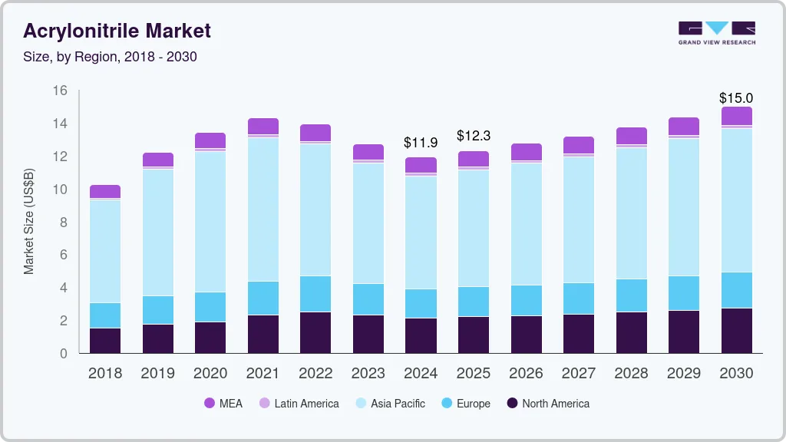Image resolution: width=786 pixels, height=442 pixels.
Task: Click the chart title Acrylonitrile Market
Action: pyautogui.click(x=117, y=31)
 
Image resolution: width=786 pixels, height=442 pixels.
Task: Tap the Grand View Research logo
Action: pyautogui.click(x=716, y=32)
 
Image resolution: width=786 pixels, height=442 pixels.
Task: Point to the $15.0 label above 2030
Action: pyautogui.click(x=735, y=98)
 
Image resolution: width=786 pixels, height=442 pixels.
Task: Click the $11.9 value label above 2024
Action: pyautogui.click(x=421, y=142)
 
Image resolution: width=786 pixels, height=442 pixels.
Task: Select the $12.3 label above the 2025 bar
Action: pyautogui.click(x=473, y=136)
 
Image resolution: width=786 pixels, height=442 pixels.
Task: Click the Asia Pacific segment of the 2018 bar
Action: pyautogui.click(x=105, y=251)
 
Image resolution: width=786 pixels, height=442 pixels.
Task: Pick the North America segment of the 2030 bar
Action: pyautogui.click(x=736, y=330)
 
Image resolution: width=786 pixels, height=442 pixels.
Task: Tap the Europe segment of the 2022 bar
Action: pyautogui.click(x=315, y=293)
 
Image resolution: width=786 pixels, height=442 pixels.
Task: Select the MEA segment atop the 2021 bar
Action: pyautogui.click(x=263, y=126)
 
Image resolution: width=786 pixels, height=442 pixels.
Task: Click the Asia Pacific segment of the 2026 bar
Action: pyautogui.click(x=526, y=223)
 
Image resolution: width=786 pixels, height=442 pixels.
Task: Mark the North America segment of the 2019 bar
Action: pyautogui.click(x=158, y=338)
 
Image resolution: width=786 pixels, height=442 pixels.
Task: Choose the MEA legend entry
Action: pyautogui.click(x=223, y=404)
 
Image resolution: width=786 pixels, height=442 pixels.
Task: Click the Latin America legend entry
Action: pyautogui.click(x=299, y=404)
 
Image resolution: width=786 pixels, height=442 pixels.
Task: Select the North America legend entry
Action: pyautogui.click(x=547, y=404)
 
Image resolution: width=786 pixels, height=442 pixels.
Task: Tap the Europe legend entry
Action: pyautogui.click(x=465, y=404)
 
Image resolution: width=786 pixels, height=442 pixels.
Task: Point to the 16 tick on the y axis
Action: pyautogui.click(x=60, y=91)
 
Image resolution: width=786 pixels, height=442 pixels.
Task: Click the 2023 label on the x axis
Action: pyautogui.click(x=368, y=374)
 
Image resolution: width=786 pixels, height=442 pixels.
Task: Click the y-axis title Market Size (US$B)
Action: pyautogui.click(x=29, y=222)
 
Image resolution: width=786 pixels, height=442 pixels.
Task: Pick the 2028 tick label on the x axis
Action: pyautogui.click(x=631, y=374)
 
